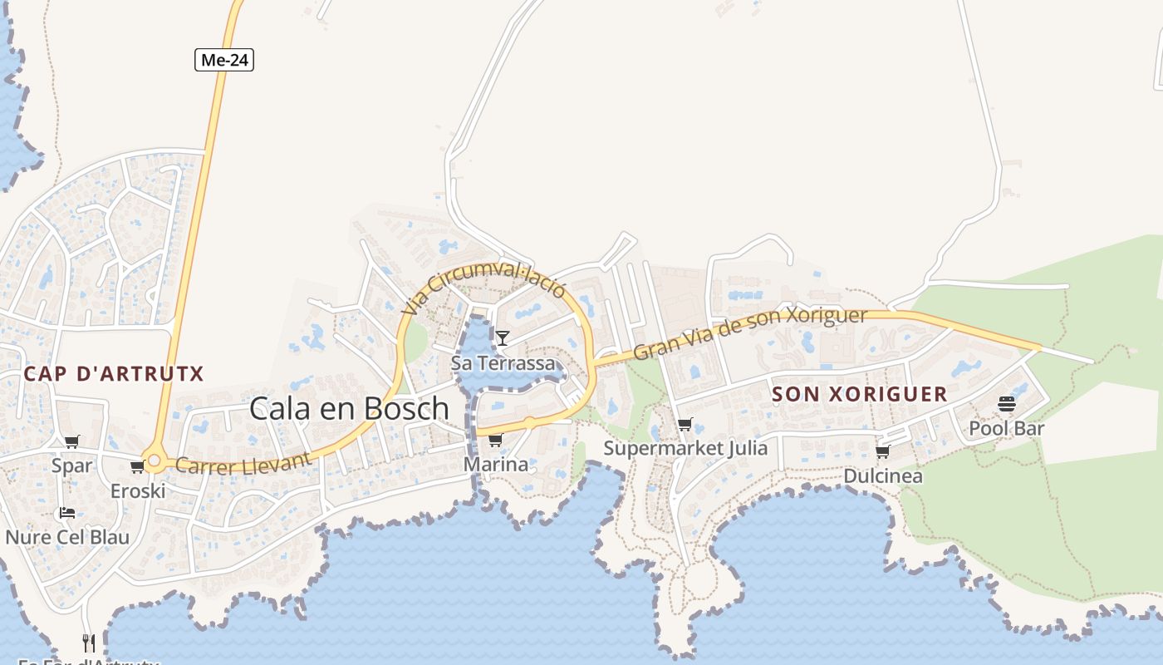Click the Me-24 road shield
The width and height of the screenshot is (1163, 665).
coord(224,60)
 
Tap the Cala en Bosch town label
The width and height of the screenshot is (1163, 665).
coord(349,408)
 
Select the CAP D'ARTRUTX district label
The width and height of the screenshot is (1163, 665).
coord(114,374)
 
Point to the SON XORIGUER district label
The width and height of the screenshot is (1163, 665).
coord(860,394)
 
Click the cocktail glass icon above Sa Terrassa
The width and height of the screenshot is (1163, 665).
coord(502,337)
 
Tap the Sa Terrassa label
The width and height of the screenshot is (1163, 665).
coord(503,363)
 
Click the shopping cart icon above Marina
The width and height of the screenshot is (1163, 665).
coord(495,440)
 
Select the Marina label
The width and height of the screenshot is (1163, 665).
coord(496,464)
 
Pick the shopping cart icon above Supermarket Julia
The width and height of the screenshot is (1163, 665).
coord(685,425)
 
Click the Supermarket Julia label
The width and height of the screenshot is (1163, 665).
coord(685,449)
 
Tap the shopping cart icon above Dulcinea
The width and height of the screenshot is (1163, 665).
coord(882,451)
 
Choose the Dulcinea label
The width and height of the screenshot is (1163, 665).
coord(883,476)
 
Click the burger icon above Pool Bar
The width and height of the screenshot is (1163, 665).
coord(1007,405)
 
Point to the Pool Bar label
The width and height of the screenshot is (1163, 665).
coord(1007,429)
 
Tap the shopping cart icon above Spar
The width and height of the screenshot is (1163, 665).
coord(72,441)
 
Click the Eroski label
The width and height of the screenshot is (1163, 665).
coord(138,491)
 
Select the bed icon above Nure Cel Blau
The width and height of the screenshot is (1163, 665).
coord(67,513)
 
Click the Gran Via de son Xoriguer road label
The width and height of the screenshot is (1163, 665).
coord(750,332)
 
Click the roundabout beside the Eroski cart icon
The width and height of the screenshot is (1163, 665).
coord(154,460)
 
